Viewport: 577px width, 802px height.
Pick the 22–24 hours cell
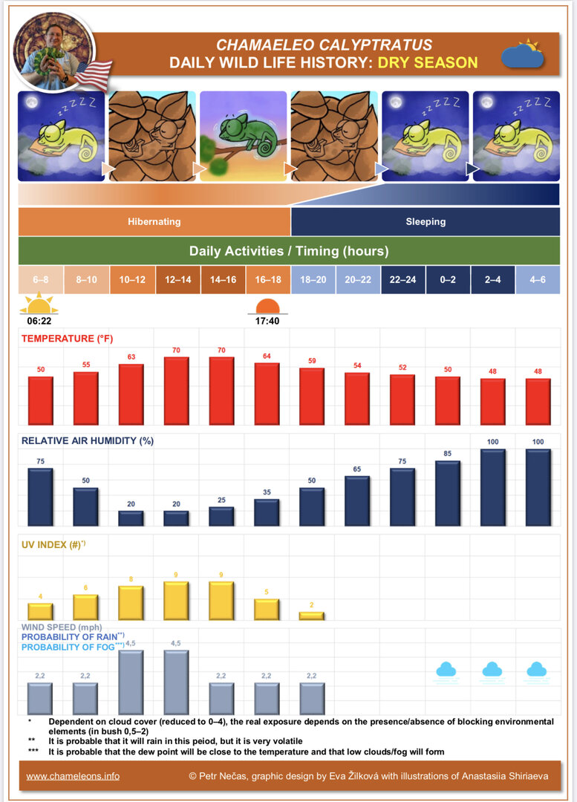click(x=403, y=279)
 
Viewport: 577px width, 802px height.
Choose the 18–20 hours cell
click(x=313, y=279)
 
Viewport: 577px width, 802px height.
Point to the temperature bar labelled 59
click(x=312, y=396)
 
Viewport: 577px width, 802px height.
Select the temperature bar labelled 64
click(x=267, y=394)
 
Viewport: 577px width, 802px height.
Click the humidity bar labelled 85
click(x=448, y=493)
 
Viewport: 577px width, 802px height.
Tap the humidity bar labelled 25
click(x=221, y=516)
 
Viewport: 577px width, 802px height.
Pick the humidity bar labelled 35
click(x=267, y=512)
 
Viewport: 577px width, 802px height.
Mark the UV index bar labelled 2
click(x=312, y=616)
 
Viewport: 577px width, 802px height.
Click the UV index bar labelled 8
click(x=131, y=602)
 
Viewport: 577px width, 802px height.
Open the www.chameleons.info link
click(x=73, y=776)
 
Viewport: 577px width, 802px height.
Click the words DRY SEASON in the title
click(x=427, y=62)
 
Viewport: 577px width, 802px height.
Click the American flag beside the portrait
click(x=93, y=75)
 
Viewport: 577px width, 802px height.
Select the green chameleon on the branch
click(x=244, y=134)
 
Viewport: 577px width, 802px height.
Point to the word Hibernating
click(x=154, y=221)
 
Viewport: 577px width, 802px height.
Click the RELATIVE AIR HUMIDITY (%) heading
click(x=88, y=440)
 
